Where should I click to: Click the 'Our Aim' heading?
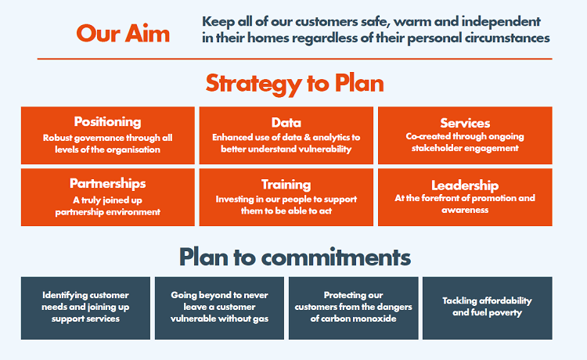pyautogui.click(x=123, y=34)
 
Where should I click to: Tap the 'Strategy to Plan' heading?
pyautogui.click(x=294, y=83)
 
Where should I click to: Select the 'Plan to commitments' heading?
pyautogui.click(x=294, y=256)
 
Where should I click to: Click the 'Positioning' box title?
pyautogui.click(x=107, y=121)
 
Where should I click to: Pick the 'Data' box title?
pyautogui.click(x=286, y=122)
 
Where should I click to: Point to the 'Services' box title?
pyautogui.click(x=465, y=123)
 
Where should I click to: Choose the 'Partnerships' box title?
pyautogui.click(x=107, y=183)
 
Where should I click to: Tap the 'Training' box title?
pyautogui.click(x=286, y=185)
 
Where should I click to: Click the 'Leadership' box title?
pyautogui.click(x=465, y=185)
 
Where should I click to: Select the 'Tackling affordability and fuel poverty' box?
pyautogui.click(x=487, y=307)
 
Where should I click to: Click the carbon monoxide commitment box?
pyautogui.click(x=353, y=307)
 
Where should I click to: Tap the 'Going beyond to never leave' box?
pyautogui.click(x=219, y=307)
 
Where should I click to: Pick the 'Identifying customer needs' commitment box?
pyautogui.click(x=86, y=307)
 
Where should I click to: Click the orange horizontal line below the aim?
pyautogui.click(x=294, y=59)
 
